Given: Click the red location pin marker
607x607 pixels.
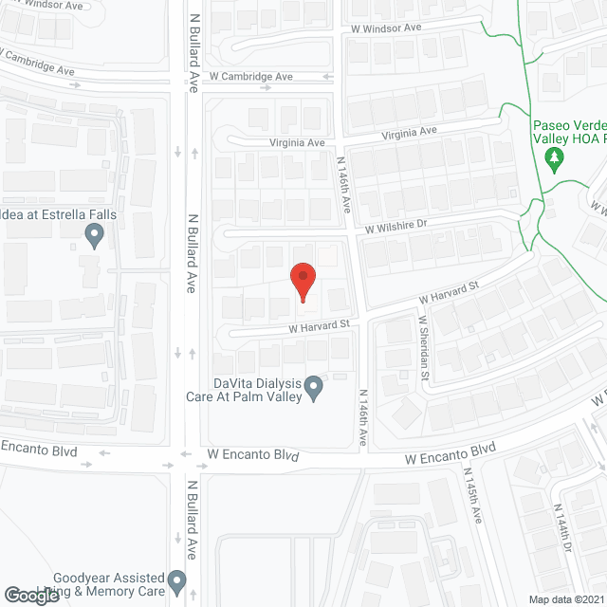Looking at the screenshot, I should [303, 282].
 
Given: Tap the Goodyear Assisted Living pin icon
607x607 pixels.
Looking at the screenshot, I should [176, 579].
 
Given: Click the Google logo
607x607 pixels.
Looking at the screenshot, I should [30, 596].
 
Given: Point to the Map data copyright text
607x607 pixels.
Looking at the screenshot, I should [565, 599].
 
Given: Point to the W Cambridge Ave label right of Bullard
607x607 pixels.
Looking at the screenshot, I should [251, 76].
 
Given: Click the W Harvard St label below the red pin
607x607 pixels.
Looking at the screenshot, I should [320, 324].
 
